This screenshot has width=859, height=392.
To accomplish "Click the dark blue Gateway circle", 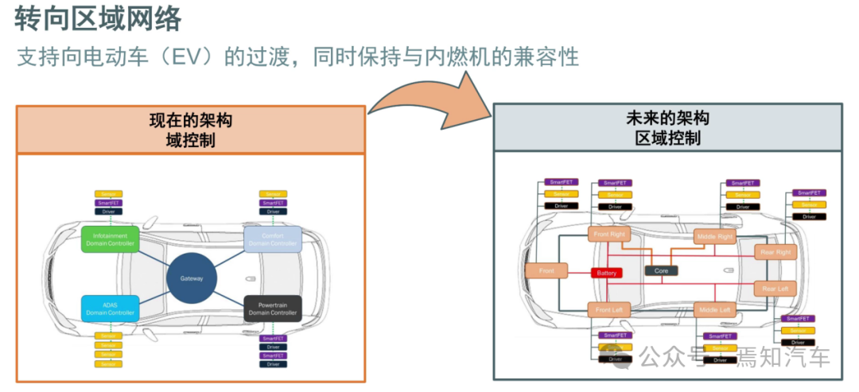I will click(x=192, y=278).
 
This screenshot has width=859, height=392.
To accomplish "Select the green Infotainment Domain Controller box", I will click(x=110, y=239).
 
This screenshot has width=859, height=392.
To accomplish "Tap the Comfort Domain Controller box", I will click(x=272, y=239).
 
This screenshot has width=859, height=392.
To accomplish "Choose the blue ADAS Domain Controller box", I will click(x=110, y=309).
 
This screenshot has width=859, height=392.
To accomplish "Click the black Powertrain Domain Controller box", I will click(x=272, y=309).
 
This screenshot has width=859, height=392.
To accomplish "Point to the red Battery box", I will click(x=605, y=273).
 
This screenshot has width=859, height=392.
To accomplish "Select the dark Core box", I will click(x=661, y=270).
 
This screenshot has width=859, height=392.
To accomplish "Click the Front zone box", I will click(x=546, y=271).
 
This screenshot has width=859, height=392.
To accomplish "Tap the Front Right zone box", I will click(x=608, y=234).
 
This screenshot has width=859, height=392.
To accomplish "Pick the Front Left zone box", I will click(x=608, y=309).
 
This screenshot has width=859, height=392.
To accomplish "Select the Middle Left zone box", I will click(x=713, y=309).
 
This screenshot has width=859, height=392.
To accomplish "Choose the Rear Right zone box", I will click(x=775, y=252).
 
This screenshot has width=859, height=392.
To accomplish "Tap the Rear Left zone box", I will click(x=775, y=289).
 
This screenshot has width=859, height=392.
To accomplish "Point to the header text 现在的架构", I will click(x=191, y=121).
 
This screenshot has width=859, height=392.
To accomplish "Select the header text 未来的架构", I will click(x=667, y=118).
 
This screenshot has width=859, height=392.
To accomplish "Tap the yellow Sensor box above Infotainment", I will click(x=109, y=194).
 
